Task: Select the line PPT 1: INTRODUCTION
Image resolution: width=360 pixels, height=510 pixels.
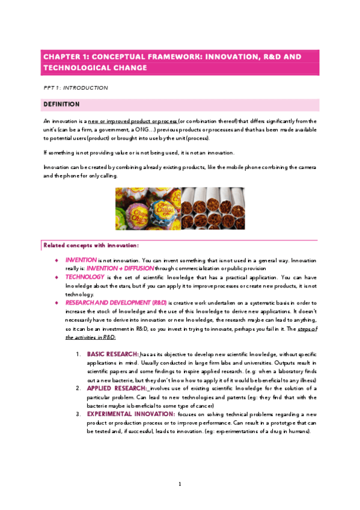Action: (76, 88)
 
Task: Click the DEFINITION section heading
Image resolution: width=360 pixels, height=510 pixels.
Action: (63, 105)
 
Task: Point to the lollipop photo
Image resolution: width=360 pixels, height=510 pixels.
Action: (147, 208)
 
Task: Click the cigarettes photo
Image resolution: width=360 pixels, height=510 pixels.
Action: (213, 208)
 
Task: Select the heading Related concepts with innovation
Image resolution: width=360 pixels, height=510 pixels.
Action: (91, 245)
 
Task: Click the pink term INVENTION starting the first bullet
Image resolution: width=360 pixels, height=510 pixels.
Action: (81, 259)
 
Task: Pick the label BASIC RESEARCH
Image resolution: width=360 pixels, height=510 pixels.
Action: (112, 354)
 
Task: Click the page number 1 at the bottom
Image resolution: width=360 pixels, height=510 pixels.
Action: (180, 484)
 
